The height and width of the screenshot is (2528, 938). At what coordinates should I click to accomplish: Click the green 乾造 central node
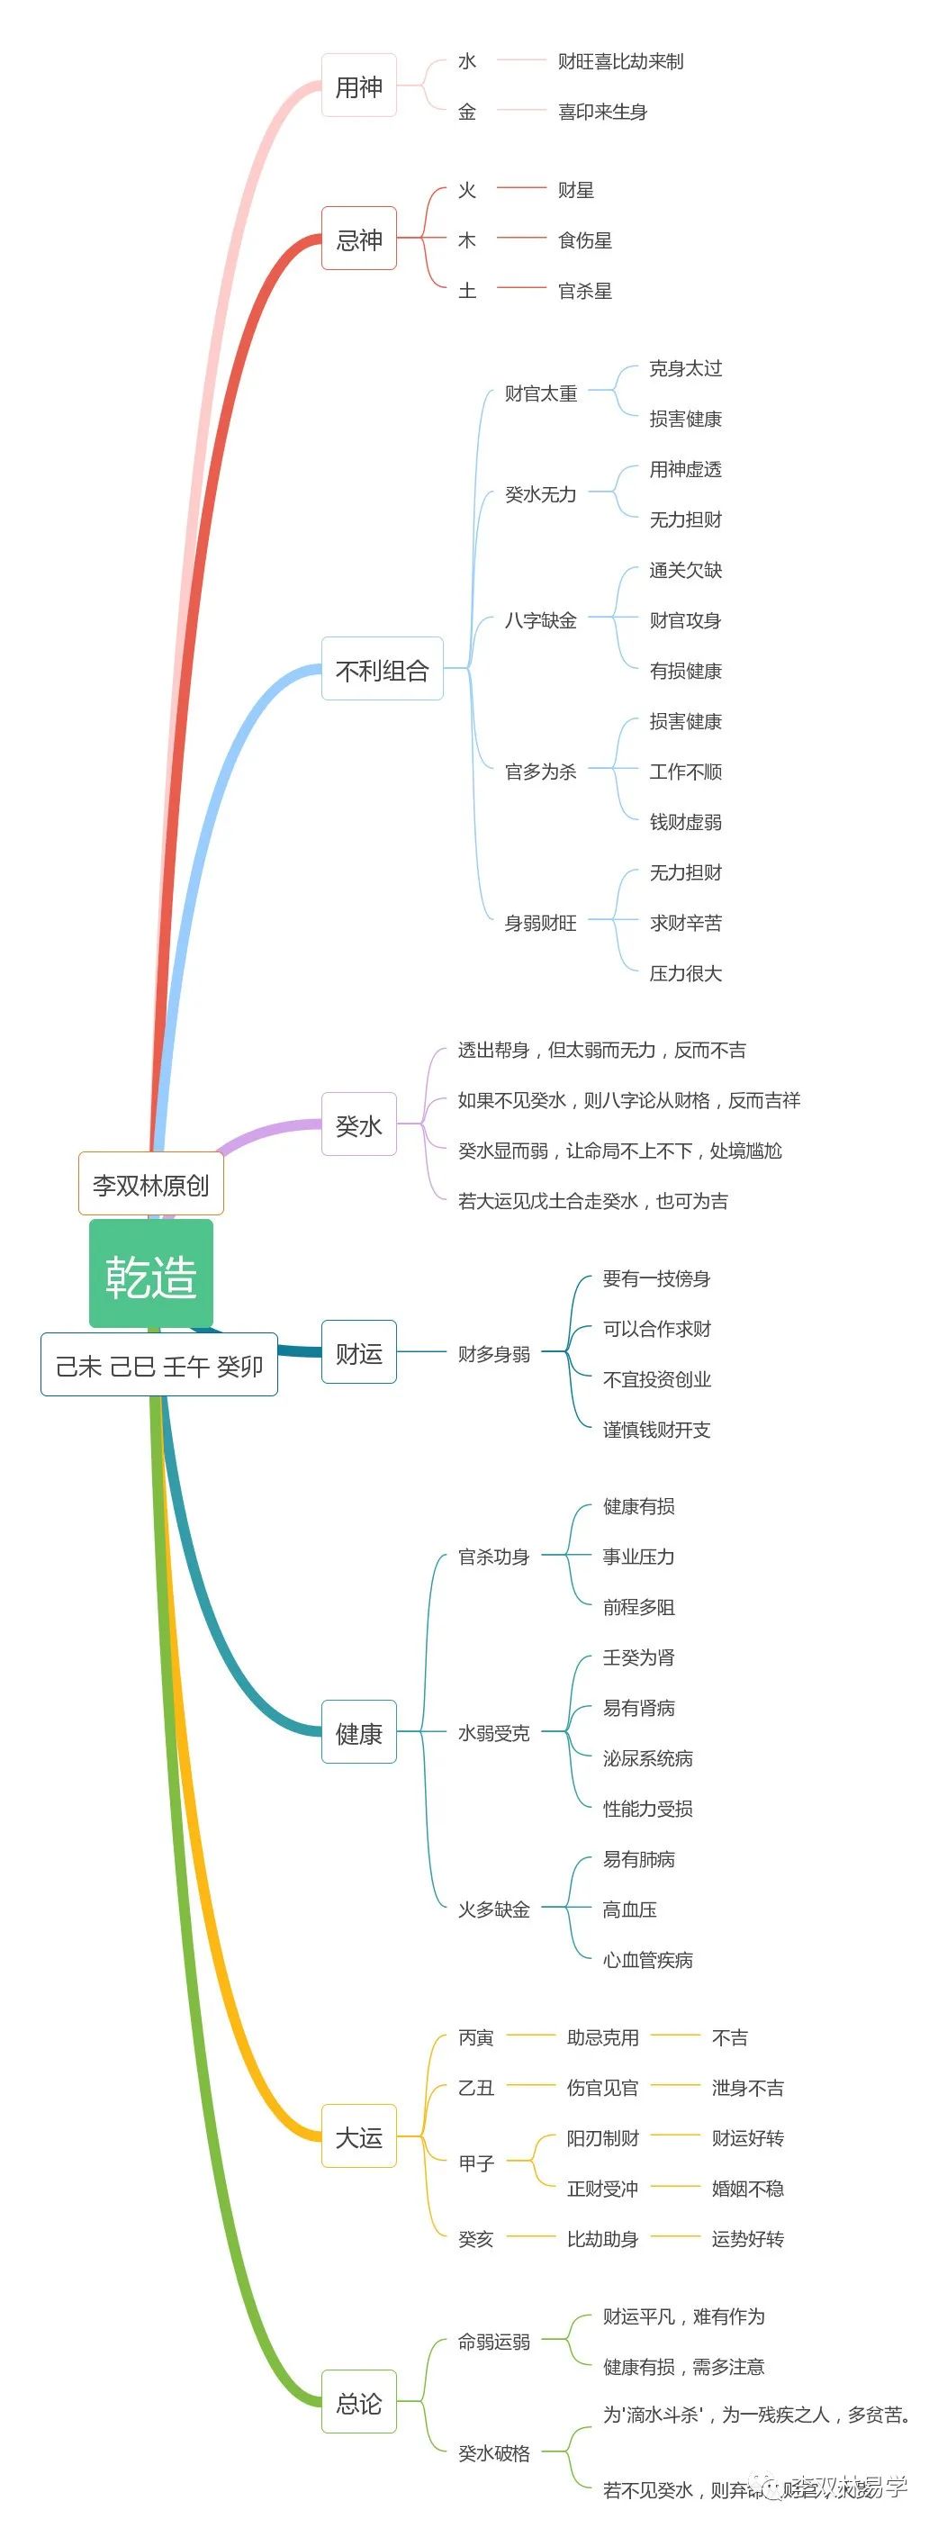coord(151,1276)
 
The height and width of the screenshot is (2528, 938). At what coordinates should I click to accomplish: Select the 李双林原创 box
coord(151,1185)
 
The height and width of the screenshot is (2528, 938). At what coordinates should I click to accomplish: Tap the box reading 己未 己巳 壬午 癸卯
coord(159,1365)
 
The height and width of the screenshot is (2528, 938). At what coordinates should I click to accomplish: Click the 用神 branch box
coord(359,86)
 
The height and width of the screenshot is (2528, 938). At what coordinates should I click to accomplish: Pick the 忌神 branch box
coord(359,239)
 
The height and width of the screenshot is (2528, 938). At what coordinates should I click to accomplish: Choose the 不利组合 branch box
coord(383,669)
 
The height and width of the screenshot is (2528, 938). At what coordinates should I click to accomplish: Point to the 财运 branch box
coord(359,1353)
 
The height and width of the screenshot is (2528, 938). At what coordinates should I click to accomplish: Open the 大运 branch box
coord(359,2136)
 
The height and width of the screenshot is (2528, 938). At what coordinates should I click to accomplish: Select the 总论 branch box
coord(359,2401)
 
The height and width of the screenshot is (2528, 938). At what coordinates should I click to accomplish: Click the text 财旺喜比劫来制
coord(620,61)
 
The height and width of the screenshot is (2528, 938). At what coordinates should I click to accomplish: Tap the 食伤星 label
coord(585,239)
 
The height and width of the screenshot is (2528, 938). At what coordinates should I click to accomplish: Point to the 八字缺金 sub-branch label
coord(541,620)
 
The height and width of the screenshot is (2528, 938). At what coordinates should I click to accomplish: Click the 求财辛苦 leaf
coord(686,923)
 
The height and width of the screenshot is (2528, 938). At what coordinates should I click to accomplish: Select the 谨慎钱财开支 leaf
coord(656,1429)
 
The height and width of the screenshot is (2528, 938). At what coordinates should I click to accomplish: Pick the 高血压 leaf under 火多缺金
coord(630,1909)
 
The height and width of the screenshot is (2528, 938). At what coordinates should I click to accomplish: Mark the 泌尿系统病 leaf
coord(647,1757)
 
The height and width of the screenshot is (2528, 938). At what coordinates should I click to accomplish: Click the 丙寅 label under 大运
coord(476,2037)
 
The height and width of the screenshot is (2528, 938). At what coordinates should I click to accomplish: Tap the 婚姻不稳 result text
coord(748,2188)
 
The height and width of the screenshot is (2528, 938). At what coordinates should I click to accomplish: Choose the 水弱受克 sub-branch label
coord(493,1733)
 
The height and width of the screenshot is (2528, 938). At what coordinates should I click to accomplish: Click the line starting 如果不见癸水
coord(629,1100)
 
